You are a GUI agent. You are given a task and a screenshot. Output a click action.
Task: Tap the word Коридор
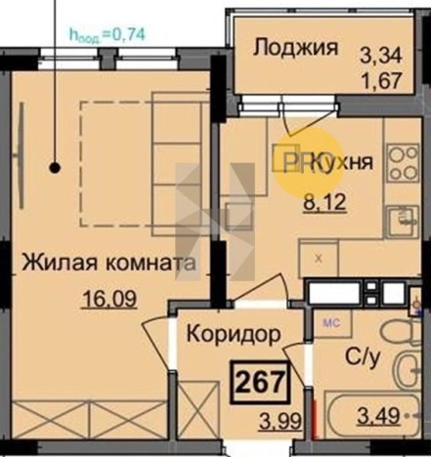pyautogui.click(x=234, y=332)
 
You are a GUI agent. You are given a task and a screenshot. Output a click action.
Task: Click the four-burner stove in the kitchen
pyautogui.click(x=401, y=160)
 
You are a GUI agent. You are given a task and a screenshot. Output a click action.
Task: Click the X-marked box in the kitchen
pyautogui.click(x=320, y=258)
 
